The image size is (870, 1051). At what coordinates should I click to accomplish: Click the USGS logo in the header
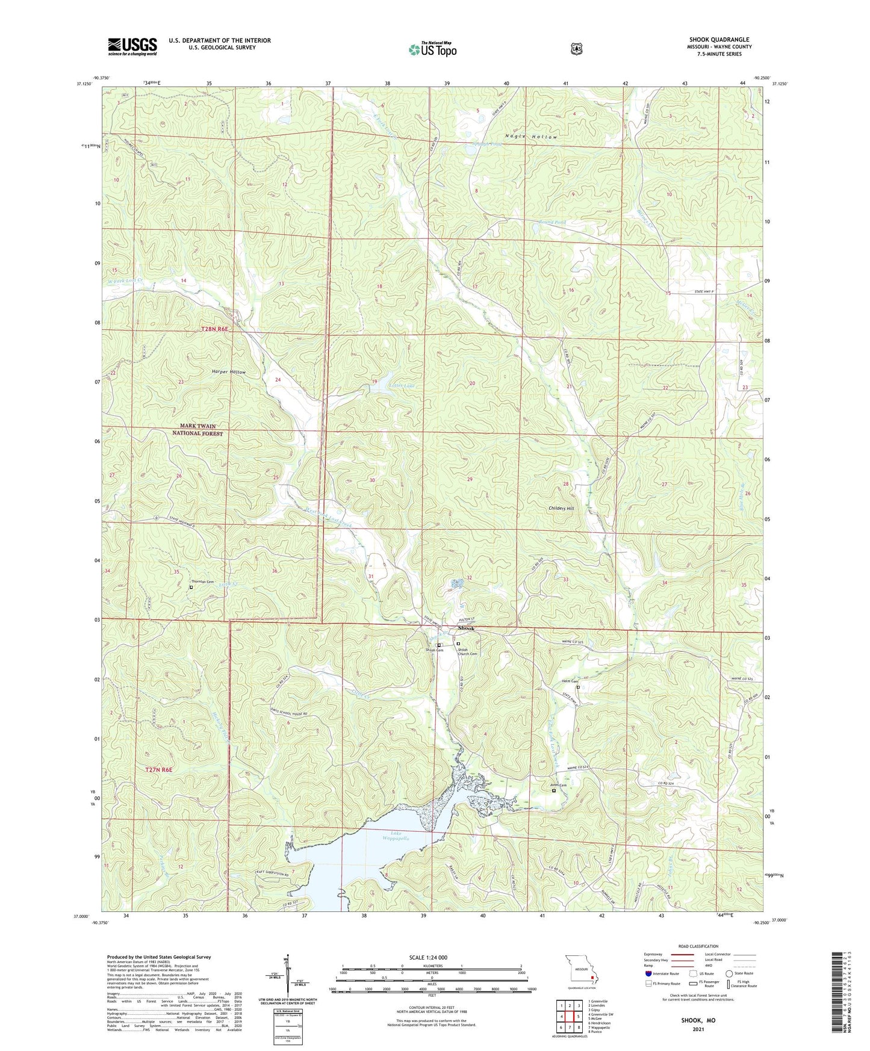pos(132,46)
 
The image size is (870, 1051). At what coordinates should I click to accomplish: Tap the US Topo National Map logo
pos(432,49)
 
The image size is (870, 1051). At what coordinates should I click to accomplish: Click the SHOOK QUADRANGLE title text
pos(719,40)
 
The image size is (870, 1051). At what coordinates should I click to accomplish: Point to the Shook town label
pos(466,628)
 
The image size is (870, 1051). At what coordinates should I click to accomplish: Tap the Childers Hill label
pos(561,509)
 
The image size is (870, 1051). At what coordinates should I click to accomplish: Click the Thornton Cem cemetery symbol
pos(191,588)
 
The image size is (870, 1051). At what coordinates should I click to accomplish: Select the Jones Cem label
pos(558,785)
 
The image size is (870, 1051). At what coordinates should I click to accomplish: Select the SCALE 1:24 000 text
pos(427,957)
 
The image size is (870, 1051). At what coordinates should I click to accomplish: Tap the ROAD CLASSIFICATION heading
pos(698,946)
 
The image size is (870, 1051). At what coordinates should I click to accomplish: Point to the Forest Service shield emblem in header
pos(576,49)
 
